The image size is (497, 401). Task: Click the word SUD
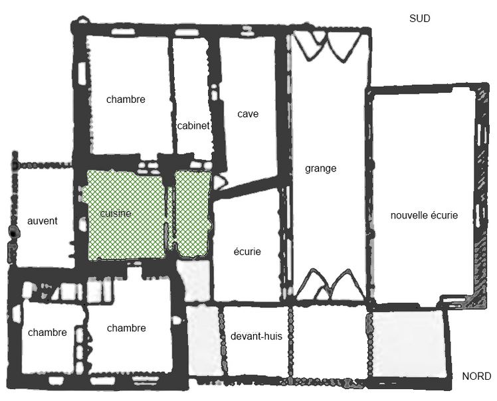[x=420, y=19]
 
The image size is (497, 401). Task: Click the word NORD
[x=476, y=376]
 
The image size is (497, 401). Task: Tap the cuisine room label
[x=116, y=213]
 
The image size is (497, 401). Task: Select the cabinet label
[x=193, y=125]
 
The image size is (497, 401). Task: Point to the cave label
[x=248, y=114]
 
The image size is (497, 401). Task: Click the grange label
[x=320, y=169]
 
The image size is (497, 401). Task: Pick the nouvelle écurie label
[x=424, y=215]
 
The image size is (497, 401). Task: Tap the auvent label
[x=43, y=221]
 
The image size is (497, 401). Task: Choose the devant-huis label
[x=256, y=336]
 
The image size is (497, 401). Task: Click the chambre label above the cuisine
[x=126, y=100]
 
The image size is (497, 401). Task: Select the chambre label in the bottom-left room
[x=47, y=332]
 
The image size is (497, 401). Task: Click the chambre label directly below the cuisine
[x=126, y=328]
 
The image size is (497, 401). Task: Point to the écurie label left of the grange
[x=247, y=252]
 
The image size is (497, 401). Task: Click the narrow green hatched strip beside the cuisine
[x=193, y=213]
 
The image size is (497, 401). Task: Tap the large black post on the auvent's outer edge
[x=13, y=232]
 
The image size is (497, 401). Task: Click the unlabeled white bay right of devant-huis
[x=329, y=341]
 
